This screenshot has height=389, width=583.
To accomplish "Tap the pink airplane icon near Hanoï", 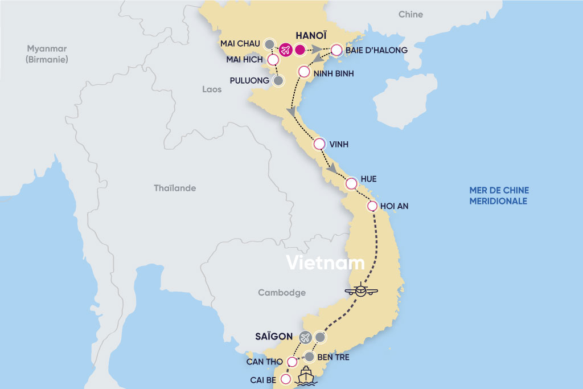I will coord(285,50).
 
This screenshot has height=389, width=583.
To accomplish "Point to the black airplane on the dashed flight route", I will coord(361,290).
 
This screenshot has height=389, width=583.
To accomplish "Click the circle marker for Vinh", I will coord(319,145).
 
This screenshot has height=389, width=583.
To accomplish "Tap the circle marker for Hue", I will coord(351,184).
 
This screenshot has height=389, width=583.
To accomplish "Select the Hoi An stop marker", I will coord(372,206).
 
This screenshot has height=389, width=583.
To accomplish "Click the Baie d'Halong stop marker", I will coord(336,50).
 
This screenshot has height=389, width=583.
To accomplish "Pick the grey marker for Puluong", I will coord(278,81).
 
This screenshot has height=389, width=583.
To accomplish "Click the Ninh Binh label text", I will coord(334,73).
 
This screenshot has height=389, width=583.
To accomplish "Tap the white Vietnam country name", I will coord(325,263).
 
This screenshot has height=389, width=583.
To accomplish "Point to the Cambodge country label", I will coord(282,293).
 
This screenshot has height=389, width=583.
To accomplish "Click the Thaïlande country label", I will coord(175,188).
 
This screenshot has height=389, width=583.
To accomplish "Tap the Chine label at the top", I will coord(411,14).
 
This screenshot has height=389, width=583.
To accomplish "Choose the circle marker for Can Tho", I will coord(292,362).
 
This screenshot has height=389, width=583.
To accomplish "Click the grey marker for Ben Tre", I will coord(309,357).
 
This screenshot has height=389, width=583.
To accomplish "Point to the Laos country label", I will coord(212,89).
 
